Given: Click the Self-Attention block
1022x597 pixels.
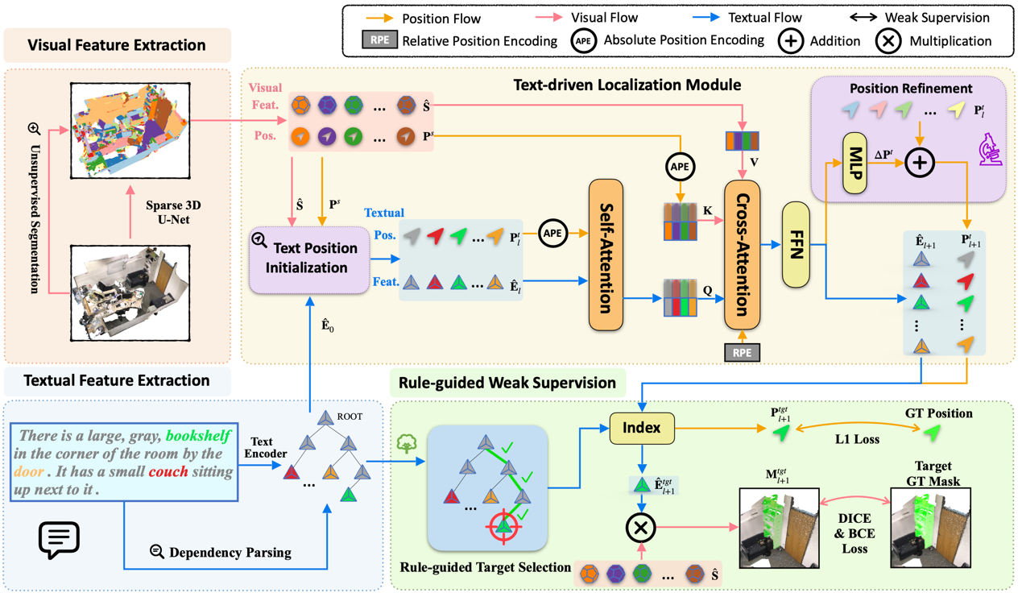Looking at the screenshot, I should click(x=606, y=255).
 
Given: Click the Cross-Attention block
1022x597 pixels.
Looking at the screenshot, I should click(x=742, y=255).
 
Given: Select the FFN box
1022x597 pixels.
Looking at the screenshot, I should click(x=796, y=245).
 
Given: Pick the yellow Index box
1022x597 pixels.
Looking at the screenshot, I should click(x=641, y=428).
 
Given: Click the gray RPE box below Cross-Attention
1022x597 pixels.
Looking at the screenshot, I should click(x=742, y=352).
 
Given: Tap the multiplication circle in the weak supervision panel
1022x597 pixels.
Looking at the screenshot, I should click(x=641, y=529).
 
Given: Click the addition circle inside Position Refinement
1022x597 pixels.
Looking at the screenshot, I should click(x=918, y=163).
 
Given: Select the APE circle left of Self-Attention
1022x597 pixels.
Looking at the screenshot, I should click(x=552, y=234).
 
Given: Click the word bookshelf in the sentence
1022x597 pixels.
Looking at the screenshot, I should click(x=198, y=435).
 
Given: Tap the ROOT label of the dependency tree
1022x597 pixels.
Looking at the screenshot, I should click(x=350, y=417).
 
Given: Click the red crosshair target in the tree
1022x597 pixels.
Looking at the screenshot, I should click(x=503, y=528).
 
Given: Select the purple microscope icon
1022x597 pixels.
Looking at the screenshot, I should click(x=988, y=150).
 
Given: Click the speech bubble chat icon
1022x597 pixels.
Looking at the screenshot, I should click(x=59, y=539).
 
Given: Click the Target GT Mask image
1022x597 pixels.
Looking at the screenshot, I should click(x=929, y=527).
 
